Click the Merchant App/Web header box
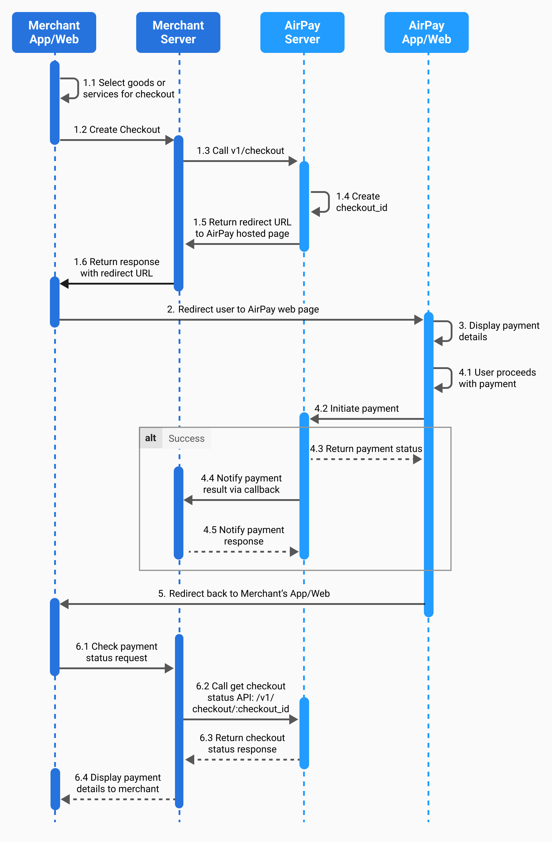click(54, 32)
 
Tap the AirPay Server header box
click(302, 32)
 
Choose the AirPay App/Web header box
click(426, 32)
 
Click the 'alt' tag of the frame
click(151, 438)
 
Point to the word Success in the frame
click(187, 438)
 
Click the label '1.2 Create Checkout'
click(117, 130)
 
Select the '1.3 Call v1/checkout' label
click(241, 151)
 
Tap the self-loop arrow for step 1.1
click(78, 88)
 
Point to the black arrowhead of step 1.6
click(64, 283)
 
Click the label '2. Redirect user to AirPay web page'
click(243, 309)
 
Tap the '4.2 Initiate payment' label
click(357, 408)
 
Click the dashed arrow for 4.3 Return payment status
click(366, 459)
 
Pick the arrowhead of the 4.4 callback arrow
click(188, 500)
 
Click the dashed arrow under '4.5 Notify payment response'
click(244, 551)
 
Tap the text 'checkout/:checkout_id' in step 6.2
click(241, 709)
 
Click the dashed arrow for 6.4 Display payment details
click(118, 799)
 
